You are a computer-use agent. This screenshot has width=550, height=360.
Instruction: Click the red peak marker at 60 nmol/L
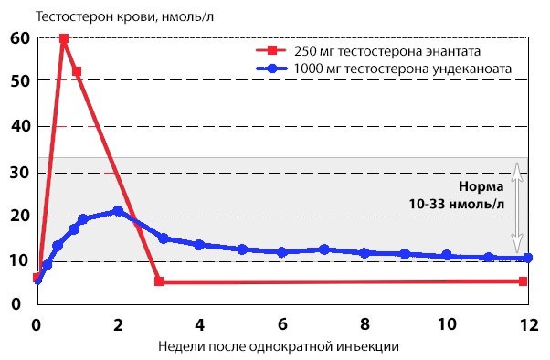point(64,38)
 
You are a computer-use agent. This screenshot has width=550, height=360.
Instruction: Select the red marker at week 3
point(159,281)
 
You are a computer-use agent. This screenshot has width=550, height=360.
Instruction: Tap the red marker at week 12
point(523,281)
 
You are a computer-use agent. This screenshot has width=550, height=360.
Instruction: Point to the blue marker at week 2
point(118,211)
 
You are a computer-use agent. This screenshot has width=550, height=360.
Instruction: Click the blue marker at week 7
point(323,249)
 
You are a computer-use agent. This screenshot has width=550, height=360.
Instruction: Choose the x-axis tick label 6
point(282,324)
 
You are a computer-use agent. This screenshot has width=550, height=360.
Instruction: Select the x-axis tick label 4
point(200,324)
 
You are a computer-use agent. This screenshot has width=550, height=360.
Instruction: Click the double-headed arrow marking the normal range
point(516,208)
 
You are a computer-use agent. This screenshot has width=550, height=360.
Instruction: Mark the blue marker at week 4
point(199,245)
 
